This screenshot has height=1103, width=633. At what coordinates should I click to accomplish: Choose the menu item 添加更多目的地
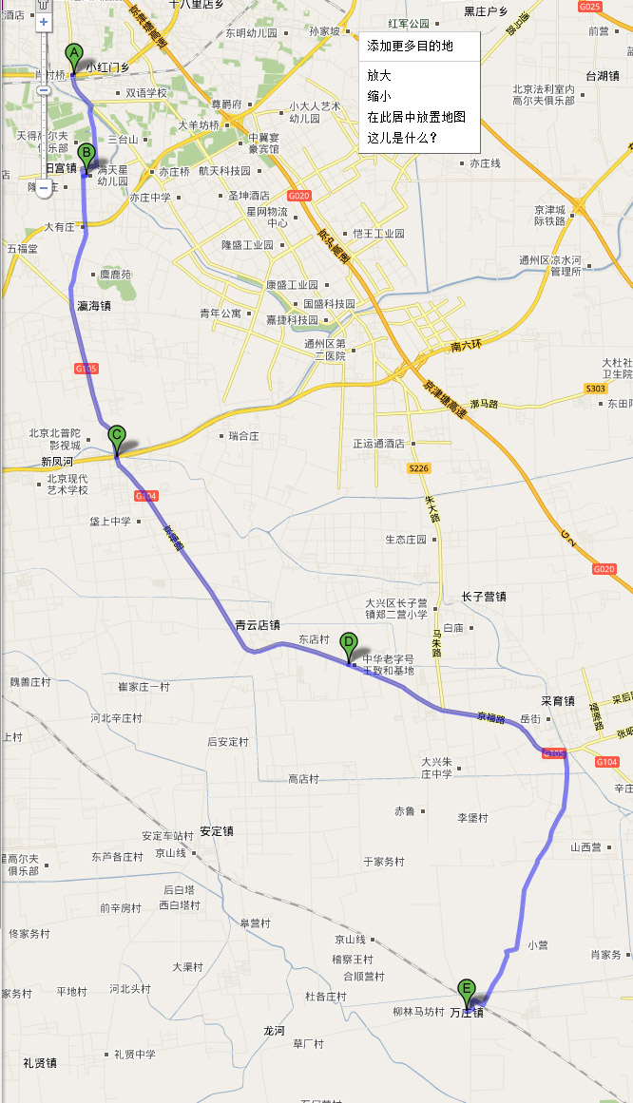click(x=410, y=46)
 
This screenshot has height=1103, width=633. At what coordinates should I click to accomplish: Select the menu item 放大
click(x=379, y=75)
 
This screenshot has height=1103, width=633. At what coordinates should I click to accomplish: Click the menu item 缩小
click(x=379, y=96)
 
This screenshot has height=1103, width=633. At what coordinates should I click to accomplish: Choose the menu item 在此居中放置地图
click(x=416, y=117)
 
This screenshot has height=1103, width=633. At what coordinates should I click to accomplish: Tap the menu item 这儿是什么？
click(x=402, y=138)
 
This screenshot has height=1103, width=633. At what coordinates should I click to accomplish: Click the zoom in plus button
click(x=44, y=21)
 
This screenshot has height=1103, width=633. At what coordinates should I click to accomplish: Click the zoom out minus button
click(x=44, y=187)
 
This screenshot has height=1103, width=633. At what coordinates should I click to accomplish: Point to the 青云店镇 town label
click(x=258, y=625)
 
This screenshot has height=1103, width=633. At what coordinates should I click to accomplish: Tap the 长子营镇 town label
click(x=484, y=597)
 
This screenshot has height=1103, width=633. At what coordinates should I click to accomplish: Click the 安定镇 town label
click(x=217, y=831)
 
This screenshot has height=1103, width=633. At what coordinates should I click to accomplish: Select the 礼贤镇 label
click(x=41, y=1062)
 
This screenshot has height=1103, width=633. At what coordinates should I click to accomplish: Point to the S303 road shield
click(x=595, y=389)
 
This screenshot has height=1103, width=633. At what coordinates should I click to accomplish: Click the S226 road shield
click(x=418, y=468)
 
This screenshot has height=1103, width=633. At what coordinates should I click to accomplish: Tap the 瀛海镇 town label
click(x=94, y=306)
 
